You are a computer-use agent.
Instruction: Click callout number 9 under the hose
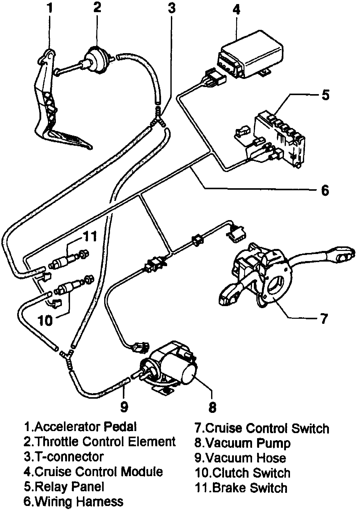pos(124,407)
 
